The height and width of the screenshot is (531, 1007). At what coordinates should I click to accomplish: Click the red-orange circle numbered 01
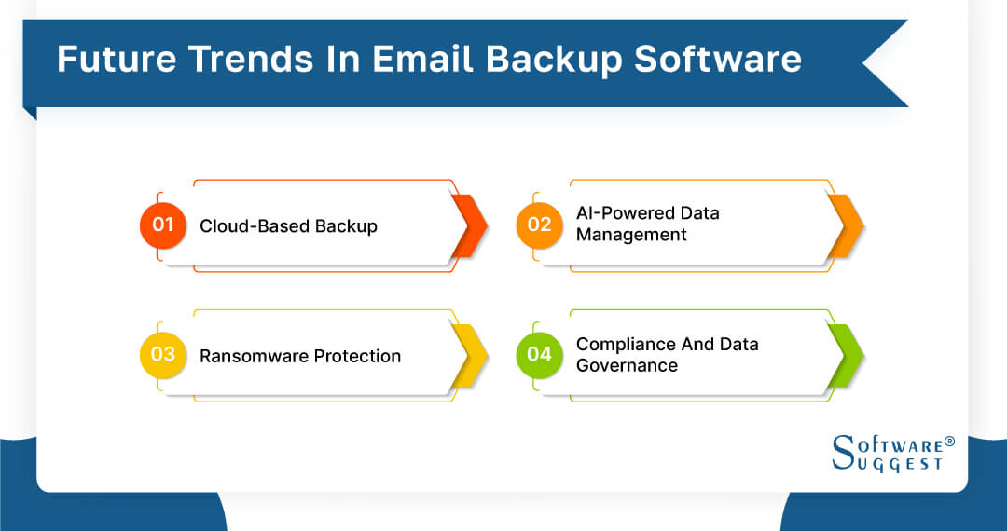point(163,225)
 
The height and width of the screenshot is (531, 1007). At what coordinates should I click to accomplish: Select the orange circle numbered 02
point(540,225)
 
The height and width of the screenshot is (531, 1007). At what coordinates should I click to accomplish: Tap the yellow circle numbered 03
point(163,355)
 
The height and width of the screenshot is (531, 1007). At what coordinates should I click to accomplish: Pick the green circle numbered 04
point(540,355)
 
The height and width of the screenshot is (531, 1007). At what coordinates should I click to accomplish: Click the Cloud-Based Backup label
point(288,226)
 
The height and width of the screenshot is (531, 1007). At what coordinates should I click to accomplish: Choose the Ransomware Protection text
point(300,356)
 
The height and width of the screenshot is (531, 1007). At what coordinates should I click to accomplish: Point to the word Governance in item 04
point(627,365)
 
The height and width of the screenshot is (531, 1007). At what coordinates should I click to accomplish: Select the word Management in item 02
point(631,235)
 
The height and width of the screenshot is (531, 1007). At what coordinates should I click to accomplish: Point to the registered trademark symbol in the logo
point(949,441)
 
